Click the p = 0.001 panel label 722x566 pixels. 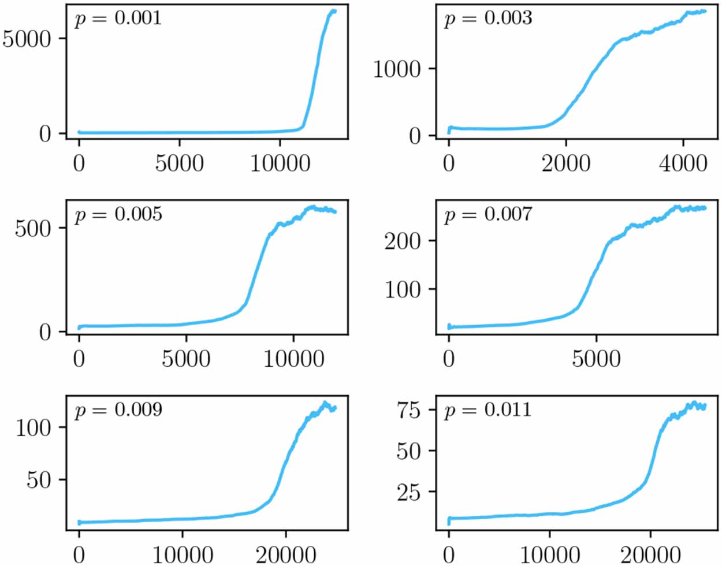(x=118, y=18)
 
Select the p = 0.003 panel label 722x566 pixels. (x=487, y=18)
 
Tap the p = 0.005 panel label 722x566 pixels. (x=118, y=214)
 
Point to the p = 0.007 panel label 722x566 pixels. (x=487, y=214)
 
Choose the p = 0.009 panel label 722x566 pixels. (x=118, y=409)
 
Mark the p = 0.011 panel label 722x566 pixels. (x=487, y=409)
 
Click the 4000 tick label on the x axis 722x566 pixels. (x=683, y=163)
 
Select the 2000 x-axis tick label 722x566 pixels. (x=566, y=163)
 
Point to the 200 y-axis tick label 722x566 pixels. (x=403, y=240)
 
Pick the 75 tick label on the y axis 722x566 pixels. (x=408, y=409)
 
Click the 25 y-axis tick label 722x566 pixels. (x=408, y=491)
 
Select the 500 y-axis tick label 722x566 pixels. (x=33, y=228)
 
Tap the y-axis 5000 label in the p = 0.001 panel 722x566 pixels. (x=27, y=39)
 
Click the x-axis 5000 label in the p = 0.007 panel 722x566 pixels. (x=596, y=359)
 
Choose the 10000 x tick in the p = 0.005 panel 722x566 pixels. (x=293, y=359)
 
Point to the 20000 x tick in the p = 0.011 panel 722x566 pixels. (x=650, y=554)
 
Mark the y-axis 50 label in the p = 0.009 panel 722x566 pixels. (x=39, y=479)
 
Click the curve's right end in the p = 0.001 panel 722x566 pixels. (x=334, y=11)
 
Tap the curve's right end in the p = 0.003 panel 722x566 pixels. (x=705, y=11)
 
